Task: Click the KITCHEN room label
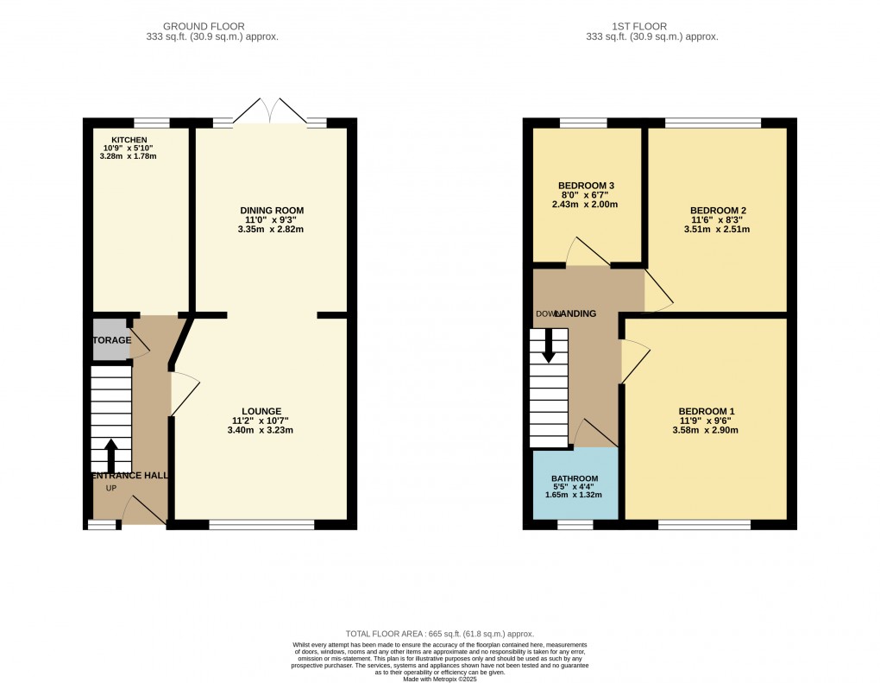(129, 140)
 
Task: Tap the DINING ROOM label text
(272, 210)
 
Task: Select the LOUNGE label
(262, 410)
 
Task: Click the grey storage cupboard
(110, 339)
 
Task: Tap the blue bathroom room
(575, 484)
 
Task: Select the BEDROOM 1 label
(707, 410)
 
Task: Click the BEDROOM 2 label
(718, 210)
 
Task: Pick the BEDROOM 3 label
(586, 186)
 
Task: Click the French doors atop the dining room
(271, 111)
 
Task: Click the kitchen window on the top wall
(151, 123)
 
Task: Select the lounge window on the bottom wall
(261, 524)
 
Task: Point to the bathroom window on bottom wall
(575, 524)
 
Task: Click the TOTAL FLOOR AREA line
(440, 633)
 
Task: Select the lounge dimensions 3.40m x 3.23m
(262, 430)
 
